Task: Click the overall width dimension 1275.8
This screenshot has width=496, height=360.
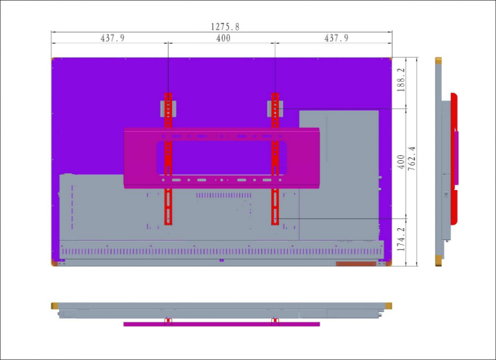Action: click(x=225, y=27)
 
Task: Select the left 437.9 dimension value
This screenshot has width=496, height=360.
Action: click(x=112, y=38)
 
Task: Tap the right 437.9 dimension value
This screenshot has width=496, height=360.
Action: click(x=336, y=38)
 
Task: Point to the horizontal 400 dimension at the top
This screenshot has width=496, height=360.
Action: click(x=223, y=38)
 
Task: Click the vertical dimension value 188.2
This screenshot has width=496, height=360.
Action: click(x=401, y=80)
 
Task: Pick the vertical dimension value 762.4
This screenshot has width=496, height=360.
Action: click(x=411, y=159)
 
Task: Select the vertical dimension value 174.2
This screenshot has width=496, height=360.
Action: click(x=401, y=239)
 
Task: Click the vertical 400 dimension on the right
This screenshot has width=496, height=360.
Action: click(x=401, y=162)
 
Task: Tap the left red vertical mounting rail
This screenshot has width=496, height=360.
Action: click(x=169, y=159)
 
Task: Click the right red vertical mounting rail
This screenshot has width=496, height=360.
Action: click(x=275, y=159)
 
